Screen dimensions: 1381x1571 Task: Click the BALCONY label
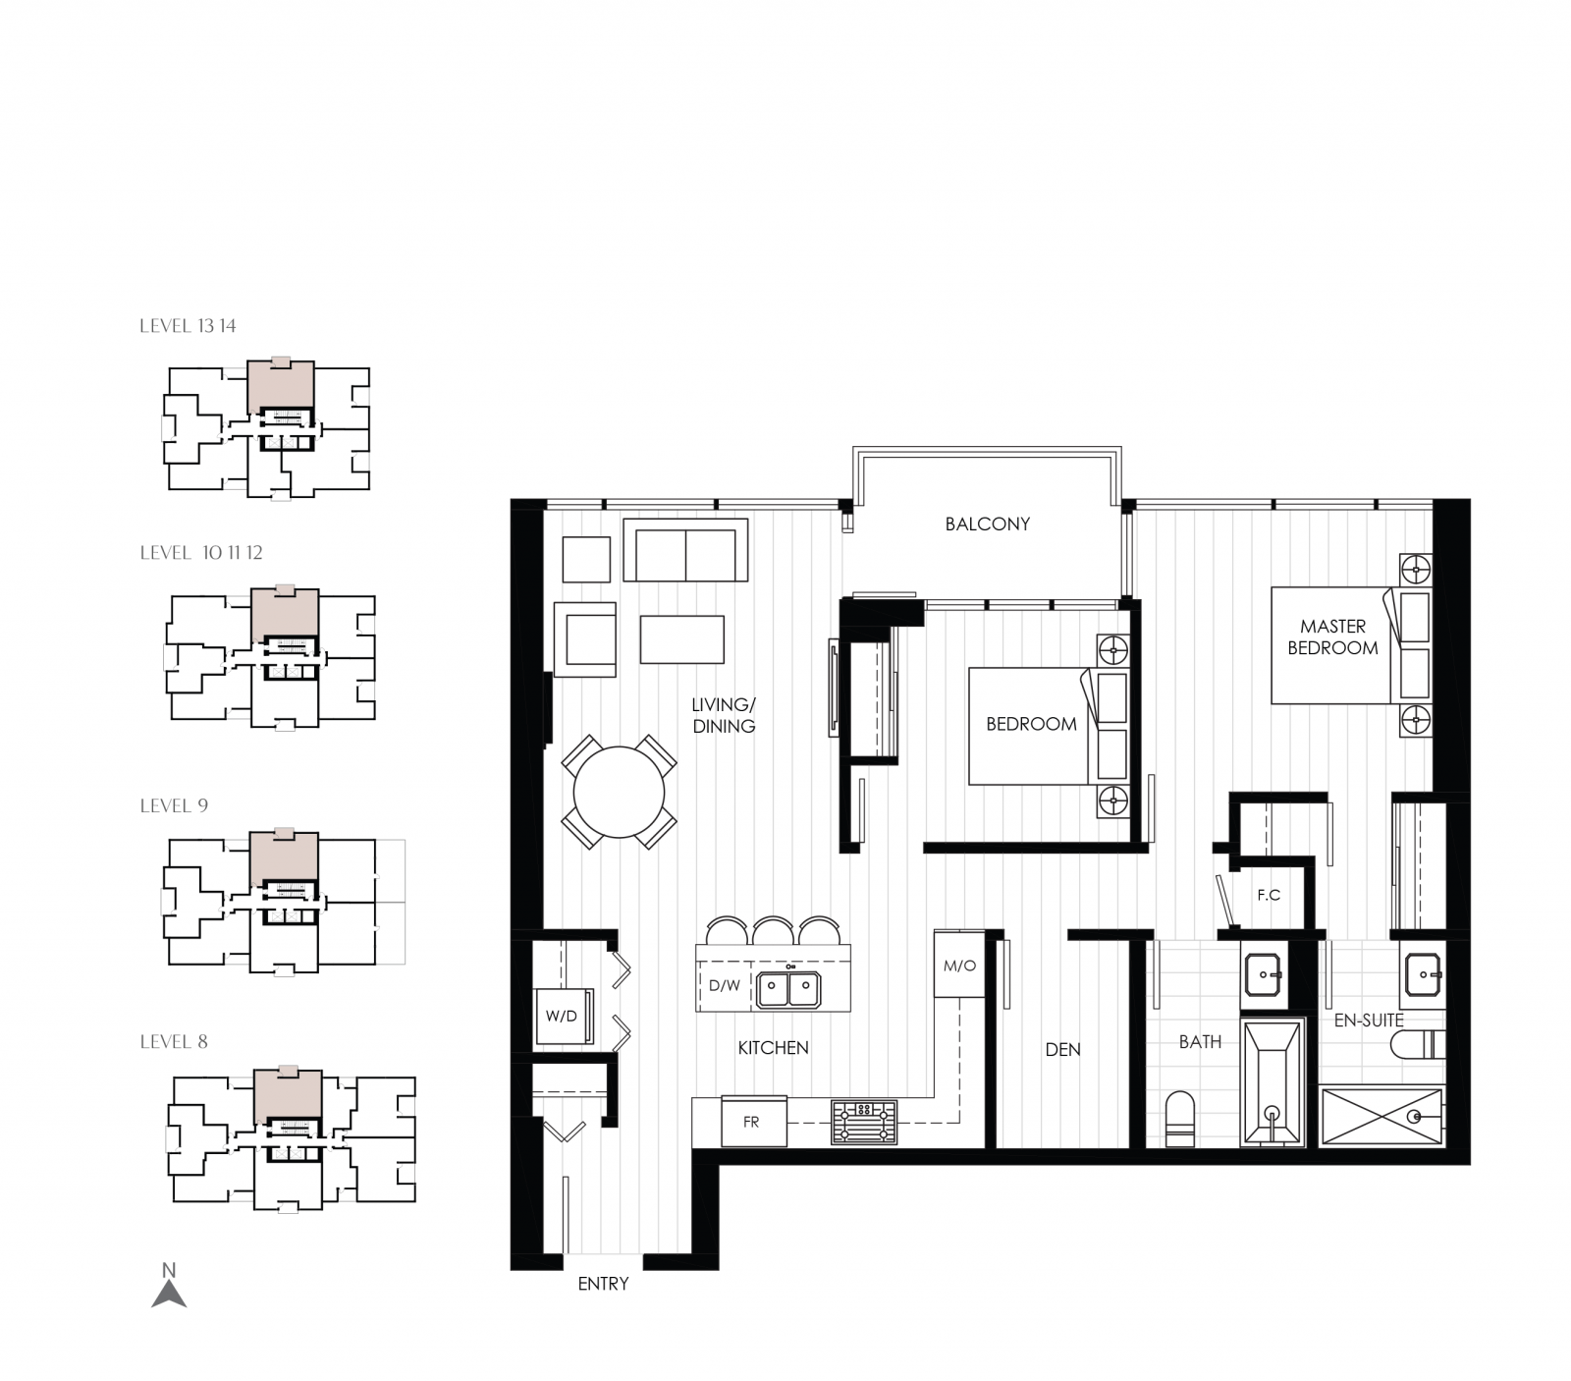[987, 525]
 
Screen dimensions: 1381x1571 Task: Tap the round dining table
[619, 792]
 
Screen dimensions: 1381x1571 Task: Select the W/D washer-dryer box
[563, 1016]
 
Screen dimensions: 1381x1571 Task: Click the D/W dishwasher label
[725, 985]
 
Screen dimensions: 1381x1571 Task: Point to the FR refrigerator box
[753, 1122]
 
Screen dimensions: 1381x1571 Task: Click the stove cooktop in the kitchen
[864, 1122]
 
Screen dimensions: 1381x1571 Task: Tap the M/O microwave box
[959, 966]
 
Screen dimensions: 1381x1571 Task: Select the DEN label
[1062, 1050]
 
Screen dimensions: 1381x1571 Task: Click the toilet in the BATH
[1179, 1120]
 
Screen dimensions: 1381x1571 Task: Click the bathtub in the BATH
[1273, 1081]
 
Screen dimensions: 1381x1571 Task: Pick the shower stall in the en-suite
[1381, 1116]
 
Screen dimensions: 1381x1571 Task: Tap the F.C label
[1269, 895]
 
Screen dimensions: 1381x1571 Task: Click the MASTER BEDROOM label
[1332, 636]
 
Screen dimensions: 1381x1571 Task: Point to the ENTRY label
[603, 1284]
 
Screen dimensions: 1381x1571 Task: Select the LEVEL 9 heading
[174, 805]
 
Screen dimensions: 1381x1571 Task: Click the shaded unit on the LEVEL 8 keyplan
[287, 1094]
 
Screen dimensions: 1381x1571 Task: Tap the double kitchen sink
[788, 988]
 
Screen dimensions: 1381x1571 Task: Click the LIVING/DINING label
[724, 715]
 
